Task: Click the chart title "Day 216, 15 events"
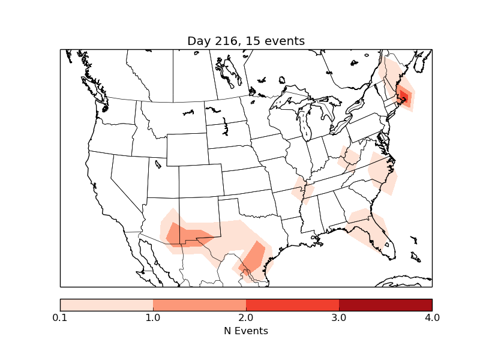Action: point(246,41)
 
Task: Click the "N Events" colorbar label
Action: point(246,331)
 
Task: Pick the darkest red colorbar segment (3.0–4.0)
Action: point(385,305)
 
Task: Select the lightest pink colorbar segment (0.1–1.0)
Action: point(107,305)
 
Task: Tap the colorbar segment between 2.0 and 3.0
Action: point(292,305)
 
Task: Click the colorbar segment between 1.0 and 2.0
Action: point(199,305)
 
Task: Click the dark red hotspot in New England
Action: point(404,95)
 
